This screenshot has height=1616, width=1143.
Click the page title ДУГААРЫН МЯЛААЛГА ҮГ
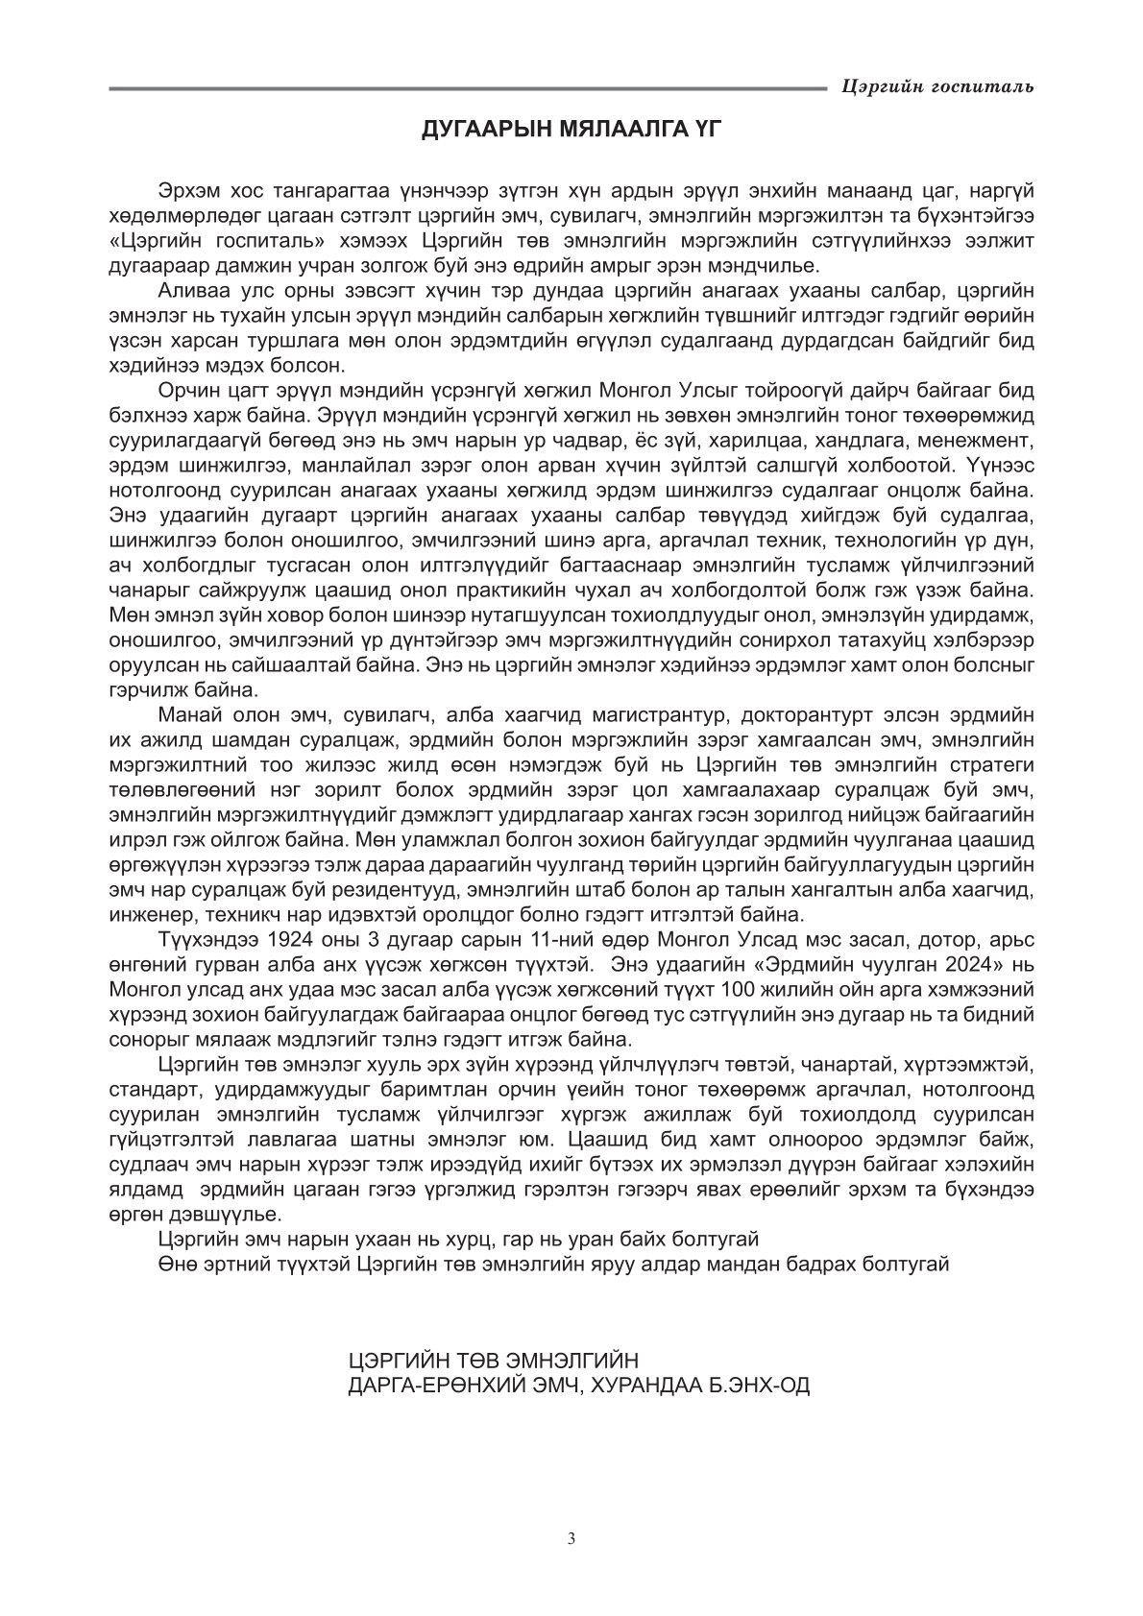tap(571, 130)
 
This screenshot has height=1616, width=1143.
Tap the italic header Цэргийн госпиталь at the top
tap(936, 87)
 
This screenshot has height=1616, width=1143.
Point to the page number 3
tap(571, 1538)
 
